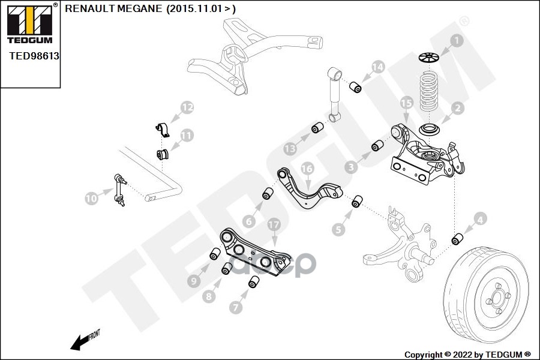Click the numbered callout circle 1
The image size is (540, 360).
point(458,41)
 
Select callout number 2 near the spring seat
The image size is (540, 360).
point(457,109)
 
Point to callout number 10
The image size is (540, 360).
point(91,197)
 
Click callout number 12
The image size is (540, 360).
point(188,108)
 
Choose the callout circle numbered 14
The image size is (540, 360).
point(377,67)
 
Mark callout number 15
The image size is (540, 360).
point(406,103)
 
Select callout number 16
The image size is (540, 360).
point(307,169)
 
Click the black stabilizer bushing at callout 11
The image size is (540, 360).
point(163,154)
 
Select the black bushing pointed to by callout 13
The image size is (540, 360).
point(318,128)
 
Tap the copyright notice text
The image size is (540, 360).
point(467,354)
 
